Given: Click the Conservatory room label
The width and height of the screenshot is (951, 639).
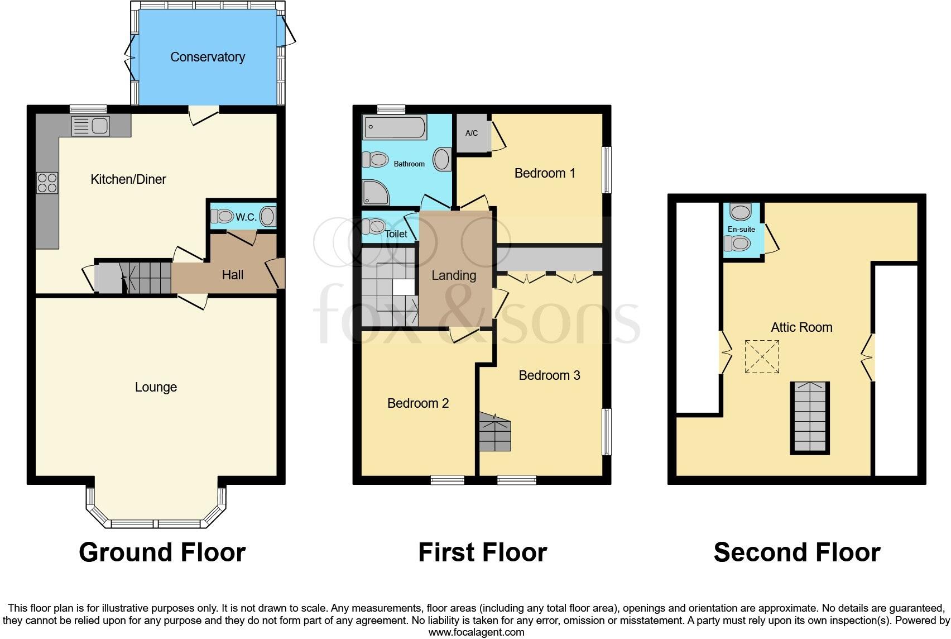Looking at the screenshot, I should [208, 57].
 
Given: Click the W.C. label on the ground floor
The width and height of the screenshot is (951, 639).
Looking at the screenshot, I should [246, 217].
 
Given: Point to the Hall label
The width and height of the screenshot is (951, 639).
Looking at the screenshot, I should [233, 275].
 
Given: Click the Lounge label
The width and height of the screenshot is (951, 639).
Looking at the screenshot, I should [156, 387].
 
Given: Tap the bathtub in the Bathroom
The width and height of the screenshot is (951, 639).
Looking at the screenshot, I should [395, 128].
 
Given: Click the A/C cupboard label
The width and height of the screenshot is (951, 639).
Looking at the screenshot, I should [472, 133].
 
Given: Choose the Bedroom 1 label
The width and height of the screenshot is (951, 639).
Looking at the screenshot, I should [545, 173].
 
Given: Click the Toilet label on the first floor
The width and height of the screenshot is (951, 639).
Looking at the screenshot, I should [396, 234].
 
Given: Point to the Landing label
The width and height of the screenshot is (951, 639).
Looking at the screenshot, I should [454, 275].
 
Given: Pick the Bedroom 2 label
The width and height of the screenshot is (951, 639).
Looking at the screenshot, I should [418, 403].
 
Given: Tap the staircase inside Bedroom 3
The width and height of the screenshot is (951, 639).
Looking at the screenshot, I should [494, 432].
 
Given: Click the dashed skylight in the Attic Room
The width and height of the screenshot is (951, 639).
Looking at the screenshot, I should [762, 356].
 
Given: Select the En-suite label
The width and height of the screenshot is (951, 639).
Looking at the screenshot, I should [741, 229].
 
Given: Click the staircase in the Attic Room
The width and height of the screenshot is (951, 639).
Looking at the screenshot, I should [810, 417].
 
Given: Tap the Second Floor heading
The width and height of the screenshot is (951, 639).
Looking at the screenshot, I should [797, 552].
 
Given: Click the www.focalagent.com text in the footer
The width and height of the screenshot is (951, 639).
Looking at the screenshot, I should [476, 632].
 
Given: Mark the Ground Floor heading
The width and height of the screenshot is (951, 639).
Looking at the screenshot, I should [162, 552].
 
